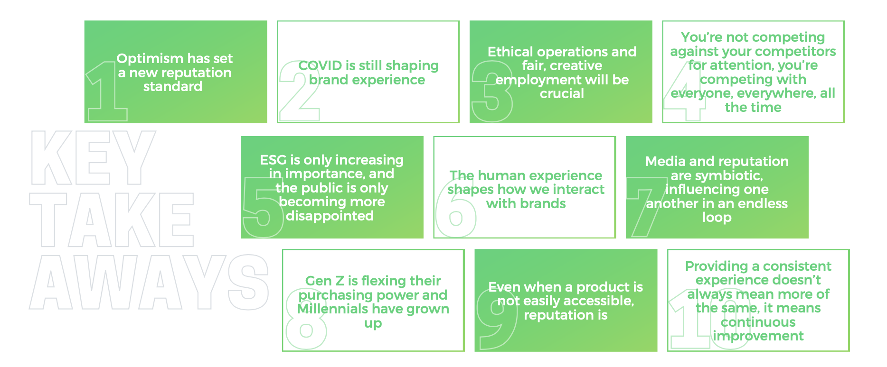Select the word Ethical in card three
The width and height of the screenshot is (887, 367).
pyautogui.click(x=510, y=52)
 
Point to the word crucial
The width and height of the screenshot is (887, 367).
pyautogui.click(x=562, y=93)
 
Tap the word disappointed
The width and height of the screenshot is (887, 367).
pyautogui.click(x=330, y=216)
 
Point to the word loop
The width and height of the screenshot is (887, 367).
pyautogui.click(x=717, y=218)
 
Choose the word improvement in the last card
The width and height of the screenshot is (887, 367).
pyautogui.click(x=758, y=336)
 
